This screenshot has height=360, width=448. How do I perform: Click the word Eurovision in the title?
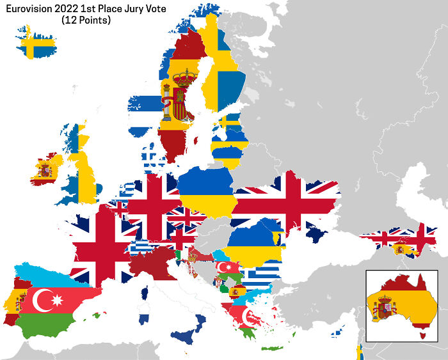click(32, 8)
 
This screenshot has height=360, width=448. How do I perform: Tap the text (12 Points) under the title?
click(86, 20)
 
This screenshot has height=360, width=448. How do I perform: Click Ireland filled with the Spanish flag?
click(45, 169)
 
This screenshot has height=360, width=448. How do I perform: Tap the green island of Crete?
click(273, 348)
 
